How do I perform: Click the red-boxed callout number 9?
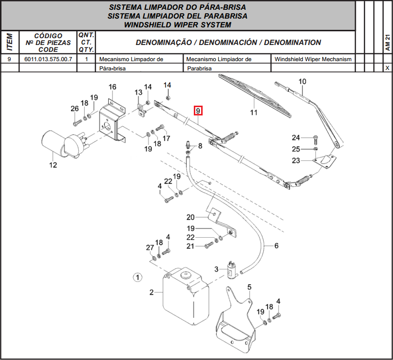click(198, 111)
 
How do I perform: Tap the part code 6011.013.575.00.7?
click(48, 59)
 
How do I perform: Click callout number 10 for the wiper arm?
click(302, 81)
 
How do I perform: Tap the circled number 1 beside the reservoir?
click(138, 277)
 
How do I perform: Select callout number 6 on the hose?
click(276, 246)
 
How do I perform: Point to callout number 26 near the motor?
click(74, 109)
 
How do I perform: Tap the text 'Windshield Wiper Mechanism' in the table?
click(313, 59)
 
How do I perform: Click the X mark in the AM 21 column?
click(387, 68)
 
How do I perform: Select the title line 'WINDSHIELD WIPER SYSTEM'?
click(178, 24)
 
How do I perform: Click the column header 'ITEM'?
click(9, 43)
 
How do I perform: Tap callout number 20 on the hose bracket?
click(190, 217)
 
